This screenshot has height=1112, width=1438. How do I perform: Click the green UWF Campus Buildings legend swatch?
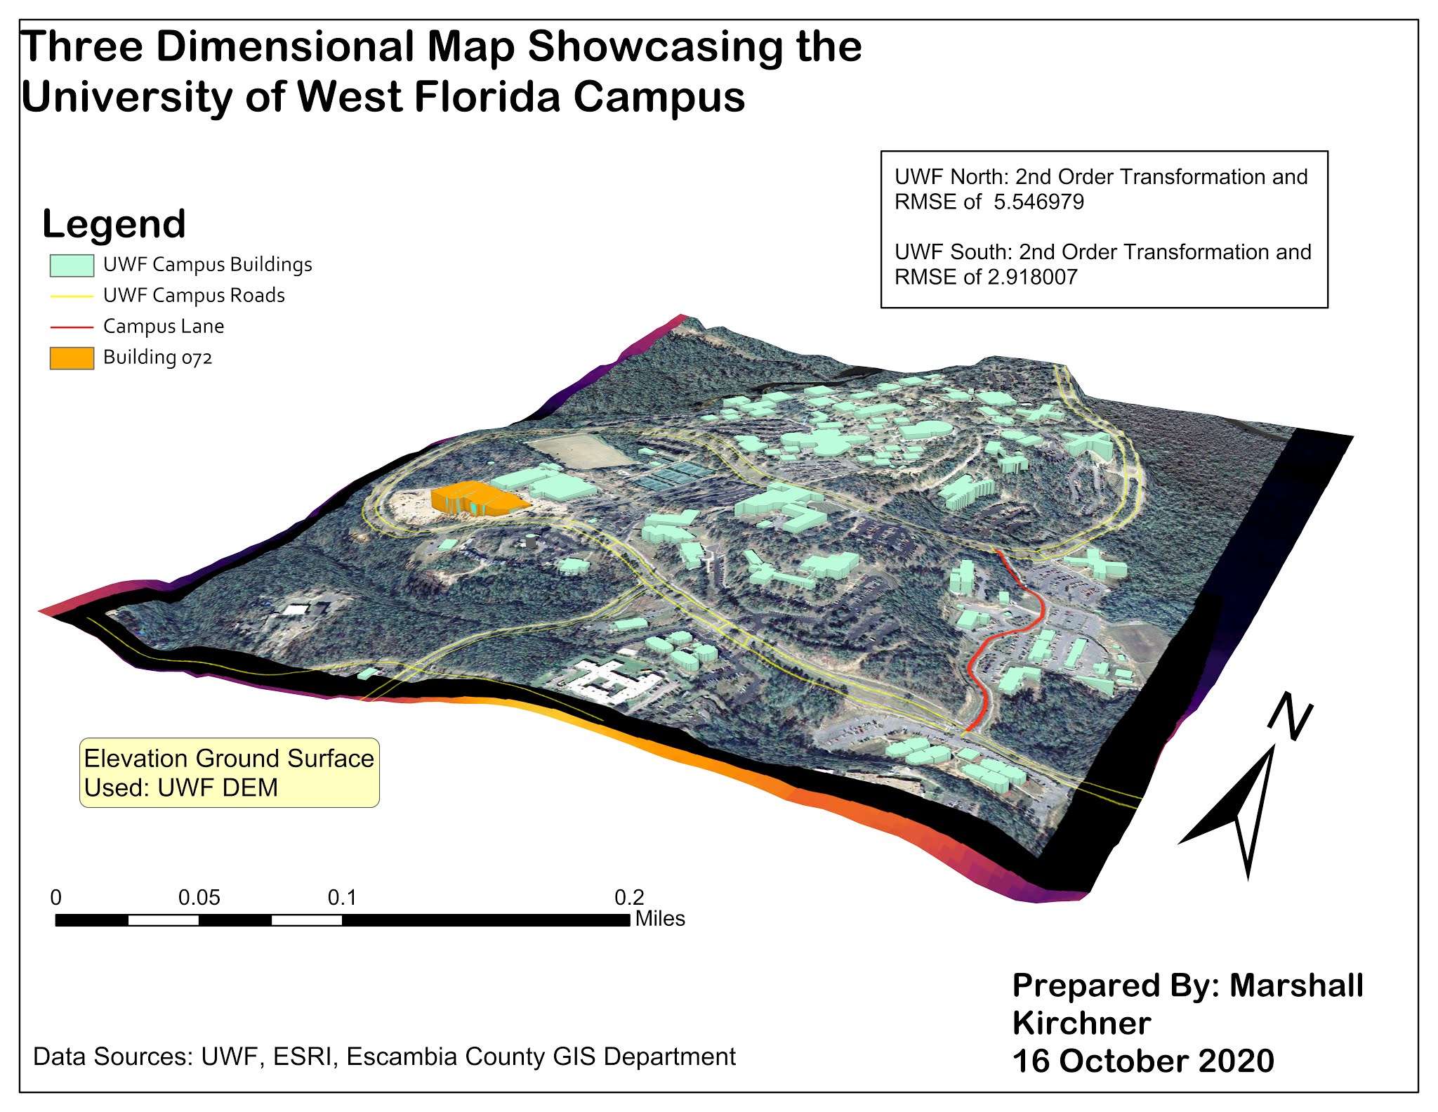(x=72, y=265)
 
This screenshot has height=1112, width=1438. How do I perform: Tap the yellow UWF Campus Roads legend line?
(x=72, y=296)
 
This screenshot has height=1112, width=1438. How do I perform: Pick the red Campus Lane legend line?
(x=72, y=327)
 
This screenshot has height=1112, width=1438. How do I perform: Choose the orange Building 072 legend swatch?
(x=72, y=358)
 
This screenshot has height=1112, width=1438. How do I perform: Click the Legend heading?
(x=114, y=224)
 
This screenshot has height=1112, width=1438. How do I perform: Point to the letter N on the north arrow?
(x=1291, y=716)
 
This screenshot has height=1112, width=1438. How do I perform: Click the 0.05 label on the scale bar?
(x=199, y=898)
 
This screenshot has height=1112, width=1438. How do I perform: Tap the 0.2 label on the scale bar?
(x=628, y=898)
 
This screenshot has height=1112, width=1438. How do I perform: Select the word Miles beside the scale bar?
(x=660, y=919)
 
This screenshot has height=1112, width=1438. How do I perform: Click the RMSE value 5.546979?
(x=1038, y=202)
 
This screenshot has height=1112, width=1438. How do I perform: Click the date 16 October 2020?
(x=1142, y=1061)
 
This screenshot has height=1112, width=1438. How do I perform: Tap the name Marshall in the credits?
(x=1296, y=986)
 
